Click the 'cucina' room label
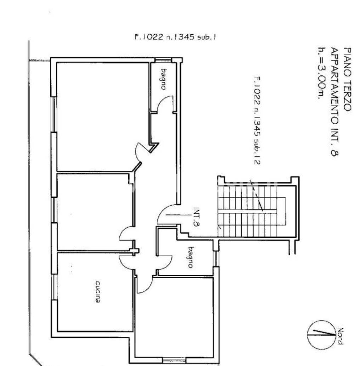pyautogui.click(x=98, y=292)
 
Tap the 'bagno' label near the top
pyautogui.click(x=164, y=79)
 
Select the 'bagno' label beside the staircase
pyautogui.click(x=191, y=257)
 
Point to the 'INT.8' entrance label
pyautogui.click(x=196, y=217)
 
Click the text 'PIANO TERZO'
pyautogui.click(x=347, y=79)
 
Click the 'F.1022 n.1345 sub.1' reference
pyautogui.click(x=175, y=37)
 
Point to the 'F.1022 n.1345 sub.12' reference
pyautogui.click(x=257, y=120)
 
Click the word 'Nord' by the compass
pyautogui.click(x=340, y=336)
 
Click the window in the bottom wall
pyautogui.click(x=174, y=360)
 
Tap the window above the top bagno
pyautogui.click(x=164, y=60)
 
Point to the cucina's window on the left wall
pyautogui.click(x=54, y=287)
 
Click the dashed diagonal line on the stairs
pyautogui.click(x=257, y=195)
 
